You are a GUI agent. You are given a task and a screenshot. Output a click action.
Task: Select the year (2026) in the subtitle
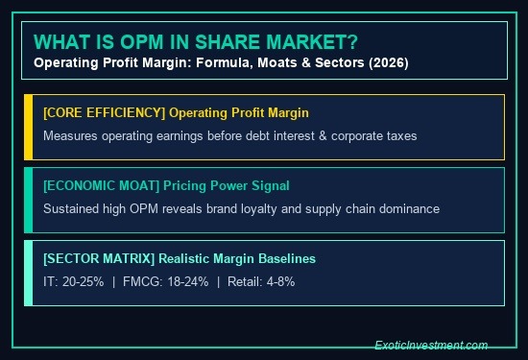point(389,63)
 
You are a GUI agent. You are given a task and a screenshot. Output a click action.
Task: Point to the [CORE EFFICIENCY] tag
point(105,113)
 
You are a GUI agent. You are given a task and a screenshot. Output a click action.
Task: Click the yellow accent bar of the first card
point(29,128)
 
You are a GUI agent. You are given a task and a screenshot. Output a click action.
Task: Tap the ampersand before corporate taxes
point(323,136)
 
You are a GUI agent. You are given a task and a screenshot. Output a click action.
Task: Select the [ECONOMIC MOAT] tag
point(102,186)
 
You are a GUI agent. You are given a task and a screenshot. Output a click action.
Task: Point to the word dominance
point(409,208)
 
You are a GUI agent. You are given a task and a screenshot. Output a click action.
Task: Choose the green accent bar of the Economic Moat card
point(29,200)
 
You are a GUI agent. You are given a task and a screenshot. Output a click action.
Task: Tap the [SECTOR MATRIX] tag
point(99,258)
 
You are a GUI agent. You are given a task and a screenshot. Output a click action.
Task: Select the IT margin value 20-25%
point(84,281)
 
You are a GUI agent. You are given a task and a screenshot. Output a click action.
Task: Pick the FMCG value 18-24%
point(188,281)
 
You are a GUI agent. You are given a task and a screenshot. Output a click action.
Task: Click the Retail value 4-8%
point(280,281)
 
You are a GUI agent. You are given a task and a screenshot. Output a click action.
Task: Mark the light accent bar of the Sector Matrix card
point(29,273)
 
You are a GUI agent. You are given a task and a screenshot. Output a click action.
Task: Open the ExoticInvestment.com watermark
point(431,346)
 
